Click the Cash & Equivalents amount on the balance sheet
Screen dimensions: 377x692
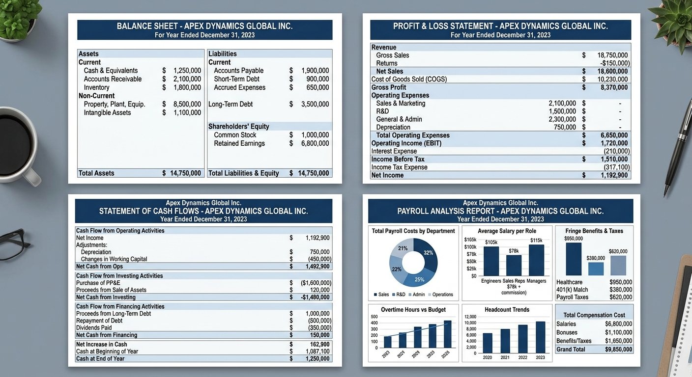click(187, 71)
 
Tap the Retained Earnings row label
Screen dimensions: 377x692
click(239, 143)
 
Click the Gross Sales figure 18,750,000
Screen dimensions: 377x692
click(612, 55)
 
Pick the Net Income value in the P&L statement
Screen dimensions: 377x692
click(614, 175)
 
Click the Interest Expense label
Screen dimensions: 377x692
click(394, 151)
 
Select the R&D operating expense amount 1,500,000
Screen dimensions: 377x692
click(562, 111)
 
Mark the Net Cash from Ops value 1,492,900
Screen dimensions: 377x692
click(317, 267)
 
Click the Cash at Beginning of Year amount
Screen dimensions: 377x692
click(317, 351)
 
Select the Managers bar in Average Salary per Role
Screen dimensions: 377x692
click(536, 260)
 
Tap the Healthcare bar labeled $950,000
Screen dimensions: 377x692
click(573, 259)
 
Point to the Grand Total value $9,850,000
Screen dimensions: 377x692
click(618, 350)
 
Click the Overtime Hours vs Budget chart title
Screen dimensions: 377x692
click(413, 310)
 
